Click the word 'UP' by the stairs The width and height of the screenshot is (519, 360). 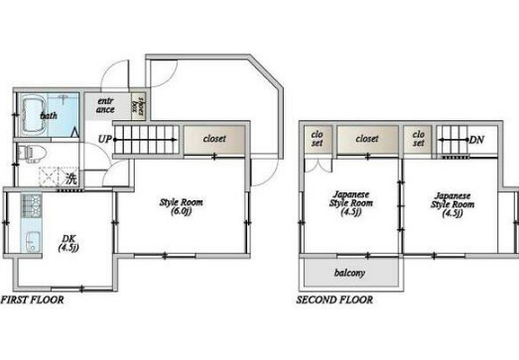tap(104, 140)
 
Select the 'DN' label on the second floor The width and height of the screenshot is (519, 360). tap(475, 141)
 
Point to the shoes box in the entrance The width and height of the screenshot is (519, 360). tap(141, 106)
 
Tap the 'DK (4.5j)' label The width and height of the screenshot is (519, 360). tap(67, 243)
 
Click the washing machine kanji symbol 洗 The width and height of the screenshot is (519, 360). tap(70, 180)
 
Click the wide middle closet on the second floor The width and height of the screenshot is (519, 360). tap(368, 140)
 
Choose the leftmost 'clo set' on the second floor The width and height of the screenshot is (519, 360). tap(317, 139)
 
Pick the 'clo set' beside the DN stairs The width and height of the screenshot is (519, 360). tap(418, 139)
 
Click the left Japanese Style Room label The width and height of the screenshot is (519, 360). tap(351, 203)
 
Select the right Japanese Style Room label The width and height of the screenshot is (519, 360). tap(452, 203)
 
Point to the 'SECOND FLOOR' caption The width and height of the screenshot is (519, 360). tap(335, 299)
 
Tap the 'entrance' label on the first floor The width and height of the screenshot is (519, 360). tap(105, 106)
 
